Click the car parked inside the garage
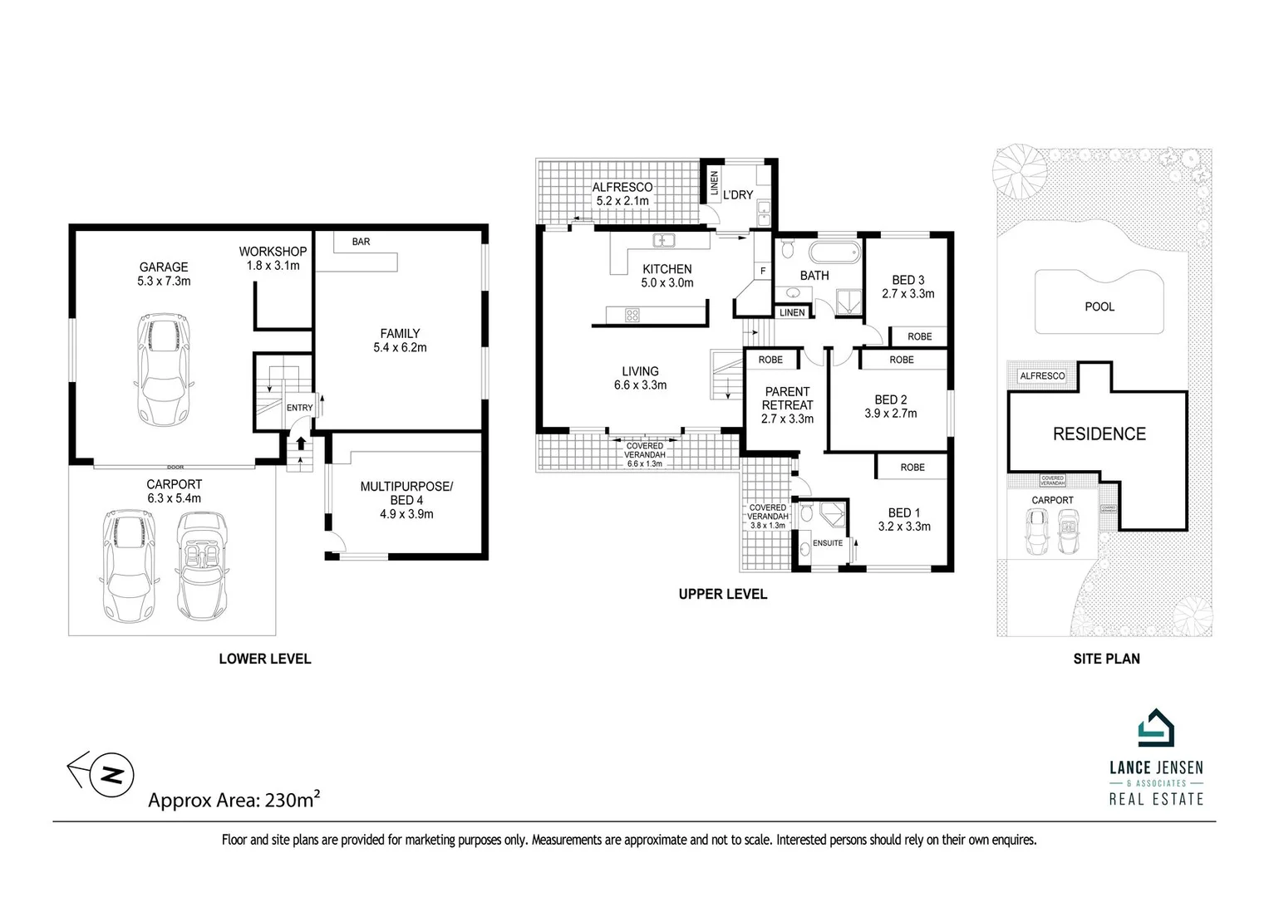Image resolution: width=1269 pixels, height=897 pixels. coord(164,370)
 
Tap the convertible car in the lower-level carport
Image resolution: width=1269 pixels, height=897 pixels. coord(202,566)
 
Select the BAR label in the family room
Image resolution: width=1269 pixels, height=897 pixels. coord(361,242)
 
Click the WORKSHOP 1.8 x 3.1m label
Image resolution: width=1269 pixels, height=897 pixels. coord(273,258)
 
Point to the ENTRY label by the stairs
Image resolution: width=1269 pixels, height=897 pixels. coord(300,408)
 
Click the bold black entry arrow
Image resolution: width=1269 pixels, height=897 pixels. coord(301,444)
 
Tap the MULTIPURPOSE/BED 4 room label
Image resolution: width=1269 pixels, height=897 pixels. coord(406,500)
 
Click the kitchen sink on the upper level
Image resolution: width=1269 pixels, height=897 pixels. coord(663,241)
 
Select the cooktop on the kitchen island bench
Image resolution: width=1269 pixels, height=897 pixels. coord(632,315)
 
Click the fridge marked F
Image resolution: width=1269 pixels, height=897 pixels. coord(763,271)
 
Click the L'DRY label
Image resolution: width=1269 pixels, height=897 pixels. coord(738,195)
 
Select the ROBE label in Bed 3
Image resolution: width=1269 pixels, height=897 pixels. coord(919,336)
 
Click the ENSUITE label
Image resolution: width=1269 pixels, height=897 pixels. coord(828,542)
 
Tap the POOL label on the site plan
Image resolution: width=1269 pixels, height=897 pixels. coord(1099,307)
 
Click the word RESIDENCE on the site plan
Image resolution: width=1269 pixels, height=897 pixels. coord(1099,434)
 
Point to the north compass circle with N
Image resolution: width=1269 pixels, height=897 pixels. coord(112,775)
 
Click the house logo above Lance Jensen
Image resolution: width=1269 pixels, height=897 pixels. coord(1156,728)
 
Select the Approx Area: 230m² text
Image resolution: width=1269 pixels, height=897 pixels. coord(234,800)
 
